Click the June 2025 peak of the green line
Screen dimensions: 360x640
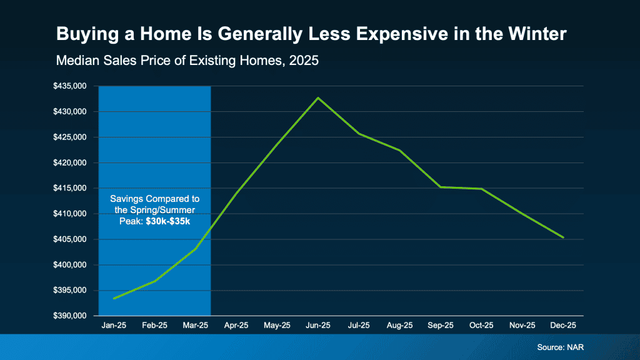coord(318,97)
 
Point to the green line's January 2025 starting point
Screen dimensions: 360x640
coord(114,299)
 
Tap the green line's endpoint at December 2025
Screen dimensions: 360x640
coord(564,237)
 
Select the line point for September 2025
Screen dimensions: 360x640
coord(441,187)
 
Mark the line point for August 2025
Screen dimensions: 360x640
coord(400,151)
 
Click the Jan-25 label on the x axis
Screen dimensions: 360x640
coord(114,326)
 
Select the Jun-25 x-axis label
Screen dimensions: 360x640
coord(318,326)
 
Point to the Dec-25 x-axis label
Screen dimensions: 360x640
coord(564,326)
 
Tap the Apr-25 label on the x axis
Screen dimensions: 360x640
coord(236,326)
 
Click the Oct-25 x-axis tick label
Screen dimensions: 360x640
coord(482,326)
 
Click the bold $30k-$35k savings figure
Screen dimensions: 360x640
coord(169,222)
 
